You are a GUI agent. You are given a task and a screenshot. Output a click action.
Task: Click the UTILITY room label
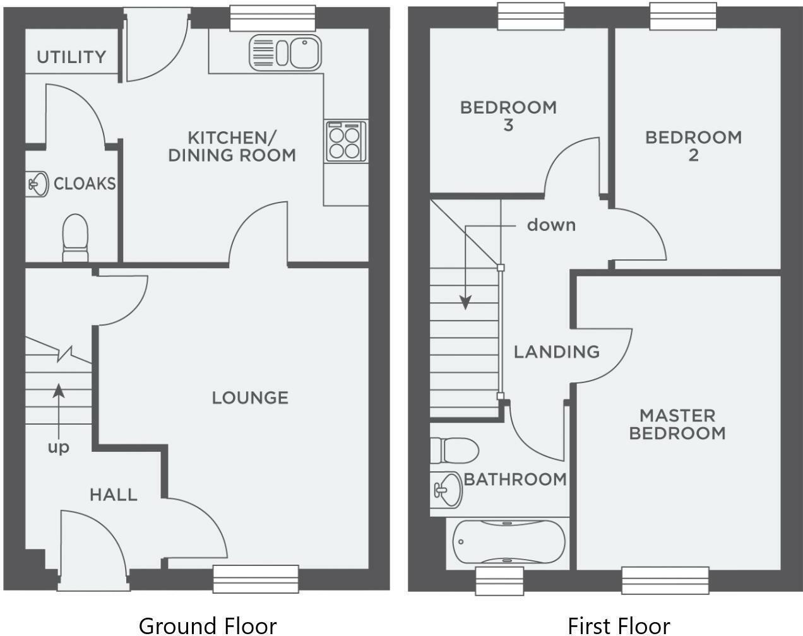(71, 57)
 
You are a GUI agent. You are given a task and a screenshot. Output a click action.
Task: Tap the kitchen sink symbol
(285, 52)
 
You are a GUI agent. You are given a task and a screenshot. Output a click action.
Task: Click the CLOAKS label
(85, 184)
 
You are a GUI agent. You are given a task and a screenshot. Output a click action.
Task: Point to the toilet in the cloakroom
(75, 237)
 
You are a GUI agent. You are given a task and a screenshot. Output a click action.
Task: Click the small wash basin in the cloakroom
(39, 184)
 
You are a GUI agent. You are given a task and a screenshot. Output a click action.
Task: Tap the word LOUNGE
(250, 397)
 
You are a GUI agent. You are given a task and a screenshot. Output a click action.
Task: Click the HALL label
(114, 495)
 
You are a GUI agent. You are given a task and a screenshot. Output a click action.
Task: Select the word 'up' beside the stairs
(59, 448)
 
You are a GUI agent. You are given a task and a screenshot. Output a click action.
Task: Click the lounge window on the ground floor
(255, 579)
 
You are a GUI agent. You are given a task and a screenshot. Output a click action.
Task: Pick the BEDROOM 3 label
(508, 116)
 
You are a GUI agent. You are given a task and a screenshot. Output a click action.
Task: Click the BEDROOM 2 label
(693, 146)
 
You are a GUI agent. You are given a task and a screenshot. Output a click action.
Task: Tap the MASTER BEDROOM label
(677, 424)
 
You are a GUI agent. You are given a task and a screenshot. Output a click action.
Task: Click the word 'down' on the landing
(551, 225)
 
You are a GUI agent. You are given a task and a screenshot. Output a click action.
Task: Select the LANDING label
(556, 351)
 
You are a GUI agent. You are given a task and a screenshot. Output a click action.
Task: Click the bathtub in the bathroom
(509, 542)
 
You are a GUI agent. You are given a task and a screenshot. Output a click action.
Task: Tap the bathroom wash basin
(446, 489)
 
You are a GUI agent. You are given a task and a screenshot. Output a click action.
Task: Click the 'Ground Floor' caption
(207, 625)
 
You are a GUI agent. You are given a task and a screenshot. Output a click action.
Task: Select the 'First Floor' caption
(619, 625)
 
